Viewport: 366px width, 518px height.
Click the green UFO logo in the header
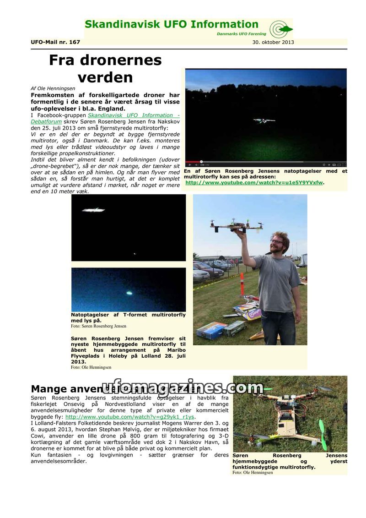(280, 29)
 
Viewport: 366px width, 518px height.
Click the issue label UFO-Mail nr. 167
(55, 42)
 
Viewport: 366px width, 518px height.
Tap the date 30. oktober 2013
(273, 42)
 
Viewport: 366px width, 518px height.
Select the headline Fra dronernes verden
(105, 68)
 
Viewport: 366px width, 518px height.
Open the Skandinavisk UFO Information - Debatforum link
(133, 115)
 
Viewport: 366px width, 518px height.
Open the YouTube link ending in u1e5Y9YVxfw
(254, 183)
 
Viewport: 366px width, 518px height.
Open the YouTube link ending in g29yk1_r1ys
(130, 417)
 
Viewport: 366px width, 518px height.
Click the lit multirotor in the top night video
(264, 121)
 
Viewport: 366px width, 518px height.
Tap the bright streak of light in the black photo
(93, 210)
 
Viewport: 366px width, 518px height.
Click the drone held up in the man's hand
(236, 224)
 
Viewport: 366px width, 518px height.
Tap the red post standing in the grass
(242, 284)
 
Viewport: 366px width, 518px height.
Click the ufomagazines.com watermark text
(182, 388)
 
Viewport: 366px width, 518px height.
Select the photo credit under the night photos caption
(98, 326)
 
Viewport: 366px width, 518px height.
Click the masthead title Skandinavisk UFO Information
(172, 25)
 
